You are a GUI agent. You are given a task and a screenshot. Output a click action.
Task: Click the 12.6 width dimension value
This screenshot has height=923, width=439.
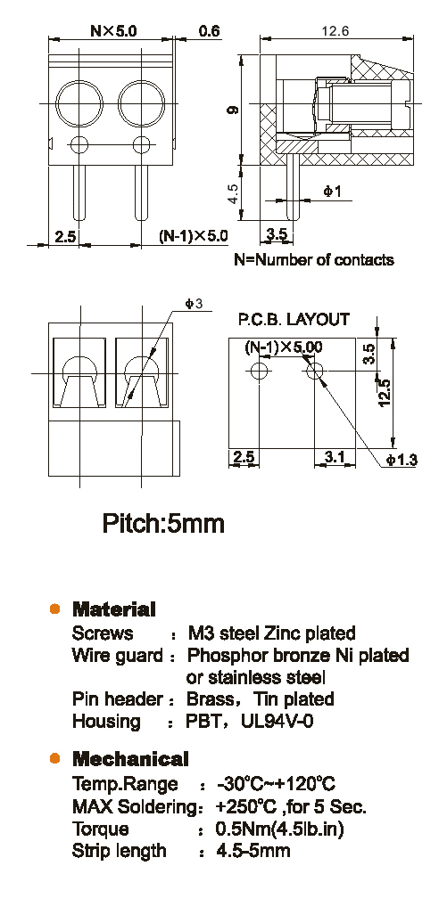[x=335, y=31]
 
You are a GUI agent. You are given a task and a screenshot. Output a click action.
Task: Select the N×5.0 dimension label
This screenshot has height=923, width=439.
[x=113, y=31]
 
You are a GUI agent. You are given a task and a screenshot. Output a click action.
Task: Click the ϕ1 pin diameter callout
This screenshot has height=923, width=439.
[x=332, y=192]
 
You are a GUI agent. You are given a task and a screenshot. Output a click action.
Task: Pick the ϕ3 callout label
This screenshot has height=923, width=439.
[x=194, y=304]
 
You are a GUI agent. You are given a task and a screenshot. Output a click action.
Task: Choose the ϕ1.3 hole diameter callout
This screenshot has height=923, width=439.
[x=402, y=460]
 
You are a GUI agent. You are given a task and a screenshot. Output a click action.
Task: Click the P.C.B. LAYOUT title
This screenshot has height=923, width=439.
[x=294, y=320]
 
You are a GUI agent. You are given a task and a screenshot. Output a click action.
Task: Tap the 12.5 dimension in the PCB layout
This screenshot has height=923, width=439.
[x=385, y=391]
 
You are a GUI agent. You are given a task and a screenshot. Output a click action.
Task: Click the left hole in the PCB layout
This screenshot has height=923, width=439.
[x=260, y=371]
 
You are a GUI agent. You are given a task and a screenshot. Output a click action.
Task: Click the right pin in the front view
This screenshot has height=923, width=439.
[x=141, y=192]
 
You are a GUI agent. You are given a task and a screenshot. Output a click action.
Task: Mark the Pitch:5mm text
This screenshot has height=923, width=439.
[x=163, y=522]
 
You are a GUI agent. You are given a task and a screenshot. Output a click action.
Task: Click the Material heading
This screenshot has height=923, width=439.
[x=113, y=609]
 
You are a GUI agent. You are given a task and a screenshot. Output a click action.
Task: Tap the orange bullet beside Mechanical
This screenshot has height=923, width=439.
[x=55, y=758]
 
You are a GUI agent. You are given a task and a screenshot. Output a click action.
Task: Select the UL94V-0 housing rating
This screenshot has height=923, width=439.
[x=277, y=721]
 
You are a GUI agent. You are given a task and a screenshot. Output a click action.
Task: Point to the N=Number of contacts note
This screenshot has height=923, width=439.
[x=314, y=259]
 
